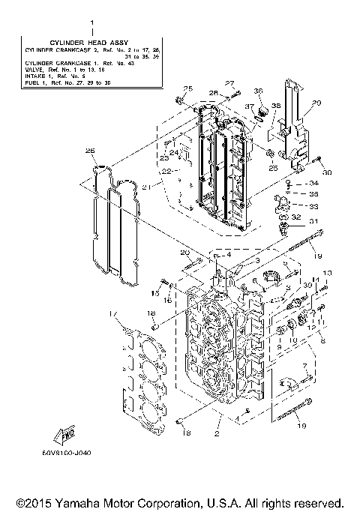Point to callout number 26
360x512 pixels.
click(x=90, y=151)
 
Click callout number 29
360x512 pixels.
click(x=316, y=103)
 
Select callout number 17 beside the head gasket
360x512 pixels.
click(x=112, y=313)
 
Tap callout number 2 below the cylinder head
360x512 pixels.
click(x=217, y=433)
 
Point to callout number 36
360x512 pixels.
click(x=258, y=91)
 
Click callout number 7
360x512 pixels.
click(x=305, y=365)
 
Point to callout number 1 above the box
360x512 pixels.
click(x=91, y=23)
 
